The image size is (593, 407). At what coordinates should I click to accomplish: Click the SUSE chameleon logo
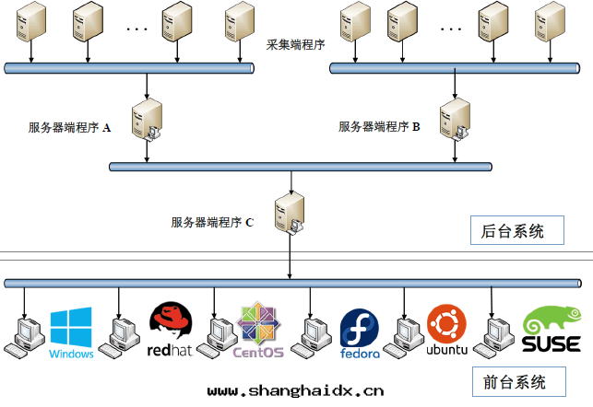(x=551, y=331)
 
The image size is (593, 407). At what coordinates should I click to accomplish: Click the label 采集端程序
(x=295, y=45)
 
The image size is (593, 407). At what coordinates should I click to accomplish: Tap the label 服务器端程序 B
(x=379, y=127)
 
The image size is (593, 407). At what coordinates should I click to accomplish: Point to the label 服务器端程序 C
(x=212, y=222)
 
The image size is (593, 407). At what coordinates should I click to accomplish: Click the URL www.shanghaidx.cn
(x=295, y=390)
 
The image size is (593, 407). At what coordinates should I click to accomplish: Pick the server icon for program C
(x=291, y=213)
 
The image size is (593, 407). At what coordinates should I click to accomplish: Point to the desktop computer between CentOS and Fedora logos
(x=308, y=336)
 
